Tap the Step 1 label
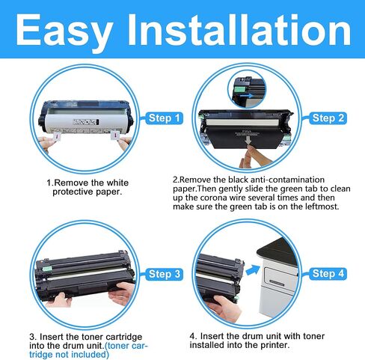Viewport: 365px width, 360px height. click(164, 119)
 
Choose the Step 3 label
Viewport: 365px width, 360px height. click(164, 275)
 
